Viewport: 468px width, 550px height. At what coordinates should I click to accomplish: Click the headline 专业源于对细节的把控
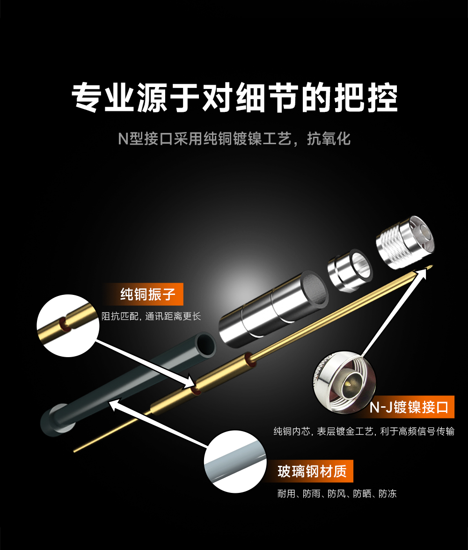pos(234,97)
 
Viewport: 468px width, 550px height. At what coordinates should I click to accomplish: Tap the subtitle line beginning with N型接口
pos(234,139)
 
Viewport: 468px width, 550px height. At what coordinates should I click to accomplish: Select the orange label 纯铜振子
pos(147,294)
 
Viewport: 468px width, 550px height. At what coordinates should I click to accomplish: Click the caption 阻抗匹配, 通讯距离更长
pos(151,316)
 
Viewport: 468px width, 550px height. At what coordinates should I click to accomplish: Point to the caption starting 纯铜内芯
pos(364,432)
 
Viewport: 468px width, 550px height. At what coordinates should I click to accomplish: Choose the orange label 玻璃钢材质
pos(312,471)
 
